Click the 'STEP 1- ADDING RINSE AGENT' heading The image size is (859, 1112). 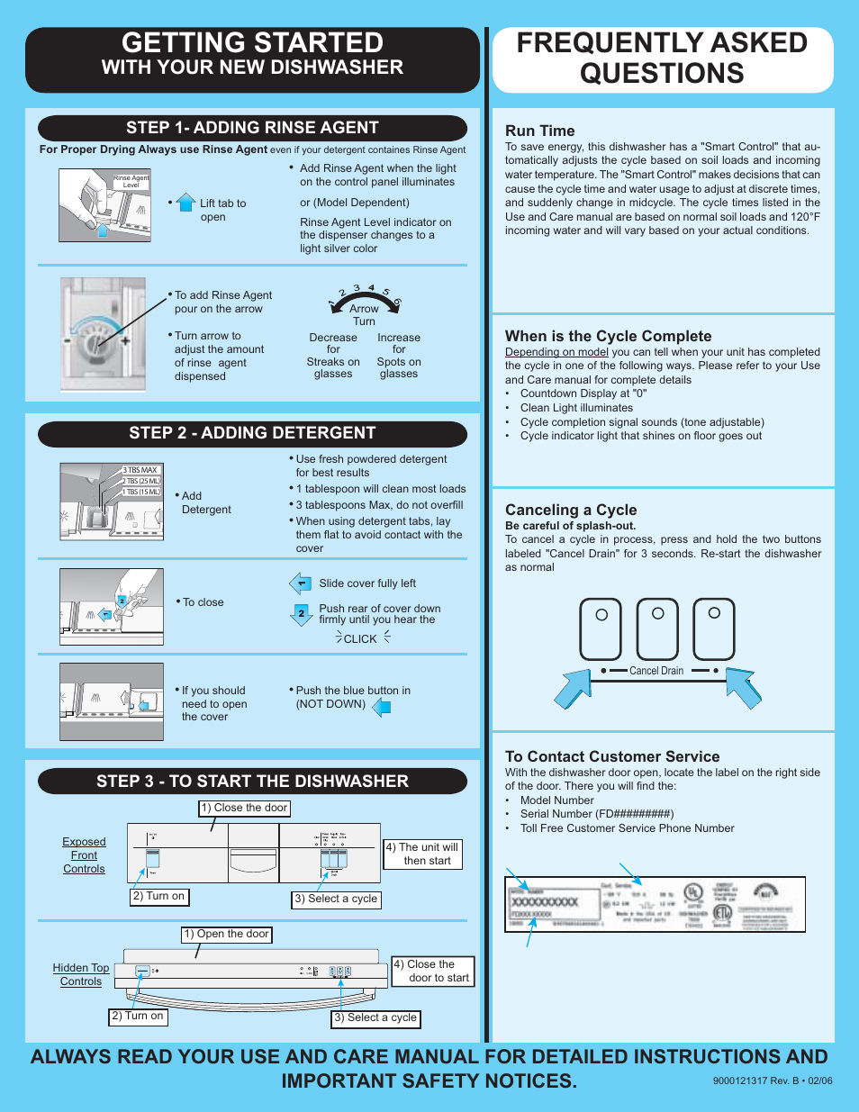pyautogui.click(x=252, y=128)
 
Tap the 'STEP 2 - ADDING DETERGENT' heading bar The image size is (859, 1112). pyautogui.click(x=252, y=433)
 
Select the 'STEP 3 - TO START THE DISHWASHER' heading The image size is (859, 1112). pyautogui.click(x=252, y=782)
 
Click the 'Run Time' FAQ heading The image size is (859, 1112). pyautogui.click(x=539, y=131)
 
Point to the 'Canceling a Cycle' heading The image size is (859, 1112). pyautogui.click(x=570, y=510)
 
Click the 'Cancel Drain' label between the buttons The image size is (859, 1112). pyautogui.click(x=656, y=671)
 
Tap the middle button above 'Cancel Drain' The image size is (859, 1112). pyautogui.click(x=657, y=628)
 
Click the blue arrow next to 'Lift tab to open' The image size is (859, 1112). pyautogui.click(x=185, y=203)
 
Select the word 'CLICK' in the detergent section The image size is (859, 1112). pyautogui.click(x=360, y=638)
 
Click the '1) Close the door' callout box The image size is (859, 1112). pyautogui.click(x=244, y=808)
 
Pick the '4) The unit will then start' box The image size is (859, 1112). pyautogui.click(x=423, y=854)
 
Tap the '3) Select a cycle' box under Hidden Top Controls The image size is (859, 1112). pyautogui.click(x=375, y=1017)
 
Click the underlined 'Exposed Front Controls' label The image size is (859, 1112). pyautogui.click(x=84, y=855)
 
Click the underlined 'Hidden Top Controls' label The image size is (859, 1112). pyautogui.click(x=81, y=974)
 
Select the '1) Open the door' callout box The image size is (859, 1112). pyautogui.click(x=226, y=934)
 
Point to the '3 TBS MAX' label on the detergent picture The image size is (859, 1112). pyautogui.click(x=141, y=470)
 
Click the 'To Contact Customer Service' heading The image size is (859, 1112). pyautogui.click(x=612, y=756)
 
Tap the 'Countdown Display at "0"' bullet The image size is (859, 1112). pyautogui.click(x=583, y=393)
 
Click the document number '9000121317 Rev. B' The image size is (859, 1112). pyautogui.click(x=772, y=1080)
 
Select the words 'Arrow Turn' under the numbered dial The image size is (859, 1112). pyautogui.click(x=364, y=314)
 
